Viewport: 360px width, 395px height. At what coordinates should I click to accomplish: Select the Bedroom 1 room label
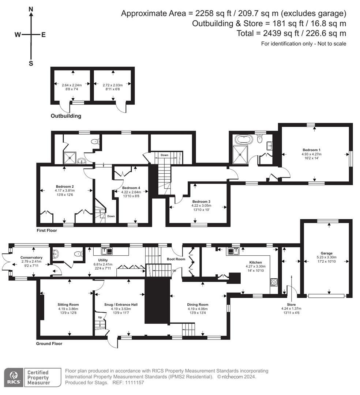click(x=311, y=150)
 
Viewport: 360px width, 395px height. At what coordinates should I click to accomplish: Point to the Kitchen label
click(x=255, y=262)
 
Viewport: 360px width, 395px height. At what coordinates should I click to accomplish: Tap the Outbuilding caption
click(x=66, y=116)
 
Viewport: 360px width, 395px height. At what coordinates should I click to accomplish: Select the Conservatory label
click(x=31, y=257)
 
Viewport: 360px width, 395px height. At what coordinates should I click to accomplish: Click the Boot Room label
click(x=179, y=259)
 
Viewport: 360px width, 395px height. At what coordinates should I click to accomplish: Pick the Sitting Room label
click(x=68, y=304)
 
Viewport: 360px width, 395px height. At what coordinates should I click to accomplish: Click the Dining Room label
click(x=198, y=304)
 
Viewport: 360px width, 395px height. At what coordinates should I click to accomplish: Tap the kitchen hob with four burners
click(x=274, y=282)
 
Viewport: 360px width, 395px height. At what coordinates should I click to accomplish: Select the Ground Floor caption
click(x=49, y=343)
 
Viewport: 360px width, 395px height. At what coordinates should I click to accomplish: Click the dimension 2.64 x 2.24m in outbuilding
click(x=71, y=85)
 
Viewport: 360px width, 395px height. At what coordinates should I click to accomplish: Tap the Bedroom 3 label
click(x=201, y=202)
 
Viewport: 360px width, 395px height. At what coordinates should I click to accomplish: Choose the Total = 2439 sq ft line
click(x=291, y=34)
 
